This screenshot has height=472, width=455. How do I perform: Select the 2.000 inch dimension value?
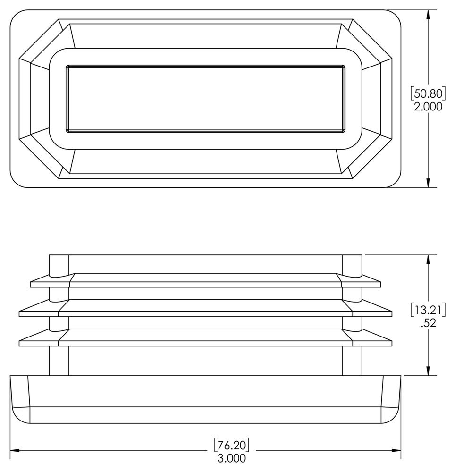(428, 106)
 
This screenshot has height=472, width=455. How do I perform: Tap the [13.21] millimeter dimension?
(428, 310)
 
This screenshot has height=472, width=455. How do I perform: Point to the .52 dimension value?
(428, 324)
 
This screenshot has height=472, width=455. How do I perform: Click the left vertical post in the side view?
(59, 361)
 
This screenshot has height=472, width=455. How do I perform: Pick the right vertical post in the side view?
(352, 361)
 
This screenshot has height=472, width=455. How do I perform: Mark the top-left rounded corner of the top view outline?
(17, 17)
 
